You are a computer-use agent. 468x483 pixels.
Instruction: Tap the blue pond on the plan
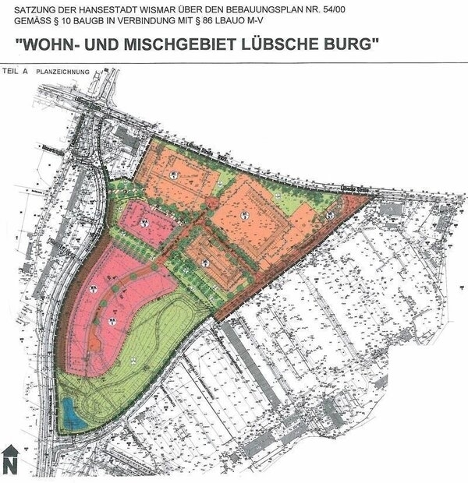[x=71, y=411]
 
